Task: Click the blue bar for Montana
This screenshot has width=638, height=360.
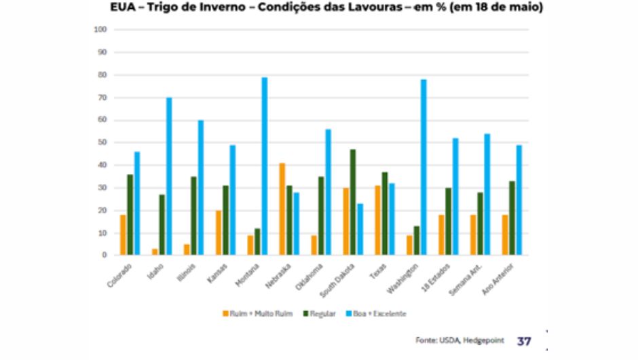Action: click(x=265, y=166)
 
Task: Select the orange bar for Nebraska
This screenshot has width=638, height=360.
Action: click(x=282, y=209)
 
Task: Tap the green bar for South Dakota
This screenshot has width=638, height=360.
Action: click(x=353, y=202)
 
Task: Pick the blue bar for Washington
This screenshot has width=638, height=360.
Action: click(x=424, y=168)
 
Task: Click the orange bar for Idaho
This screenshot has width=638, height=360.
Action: click(x=154, y=252)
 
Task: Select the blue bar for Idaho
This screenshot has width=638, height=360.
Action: click(x=169, y=177)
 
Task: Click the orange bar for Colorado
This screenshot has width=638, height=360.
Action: click(x=123, y=235)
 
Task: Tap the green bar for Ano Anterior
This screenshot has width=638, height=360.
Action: click(x=512, y=218)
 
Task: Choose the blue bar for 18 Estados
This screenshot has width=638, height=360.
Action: click(x=455, y=197)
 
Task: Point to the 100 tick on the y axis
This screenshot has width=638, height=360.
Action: click(x=100, y=30)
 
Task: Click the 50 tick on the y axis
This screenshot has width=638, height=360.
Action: click(x=102, y=143)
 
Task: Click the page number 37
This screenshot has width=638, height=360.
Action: click(x=525, y=340)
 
